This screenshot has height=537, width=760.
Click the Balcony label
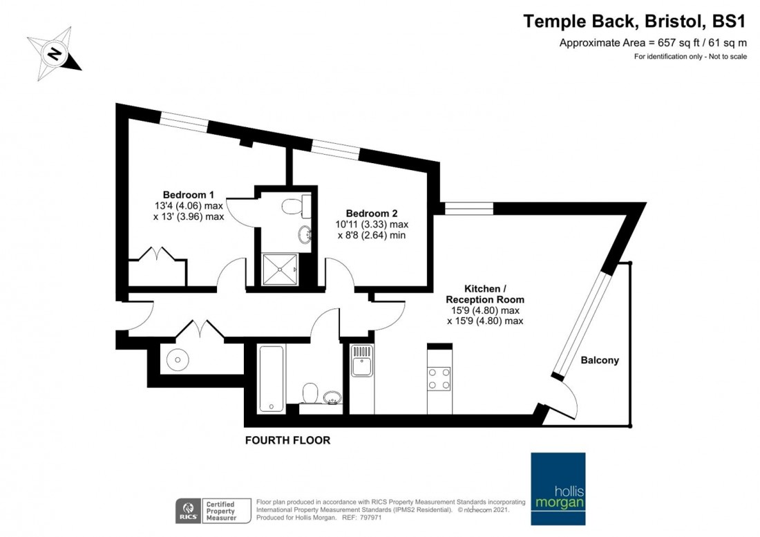[599, 360]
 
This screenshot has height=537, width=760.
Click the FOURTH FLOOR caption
[287, 440]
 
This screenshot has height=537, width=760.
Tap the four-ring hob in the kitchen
[439, 378]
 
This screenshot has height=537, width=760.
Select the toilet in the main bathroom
[310, 393]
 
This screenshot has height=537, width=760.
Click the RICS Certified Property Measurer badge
[207, 509]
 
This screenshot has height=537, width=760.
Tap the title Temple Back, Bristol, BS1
[635, 21]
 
